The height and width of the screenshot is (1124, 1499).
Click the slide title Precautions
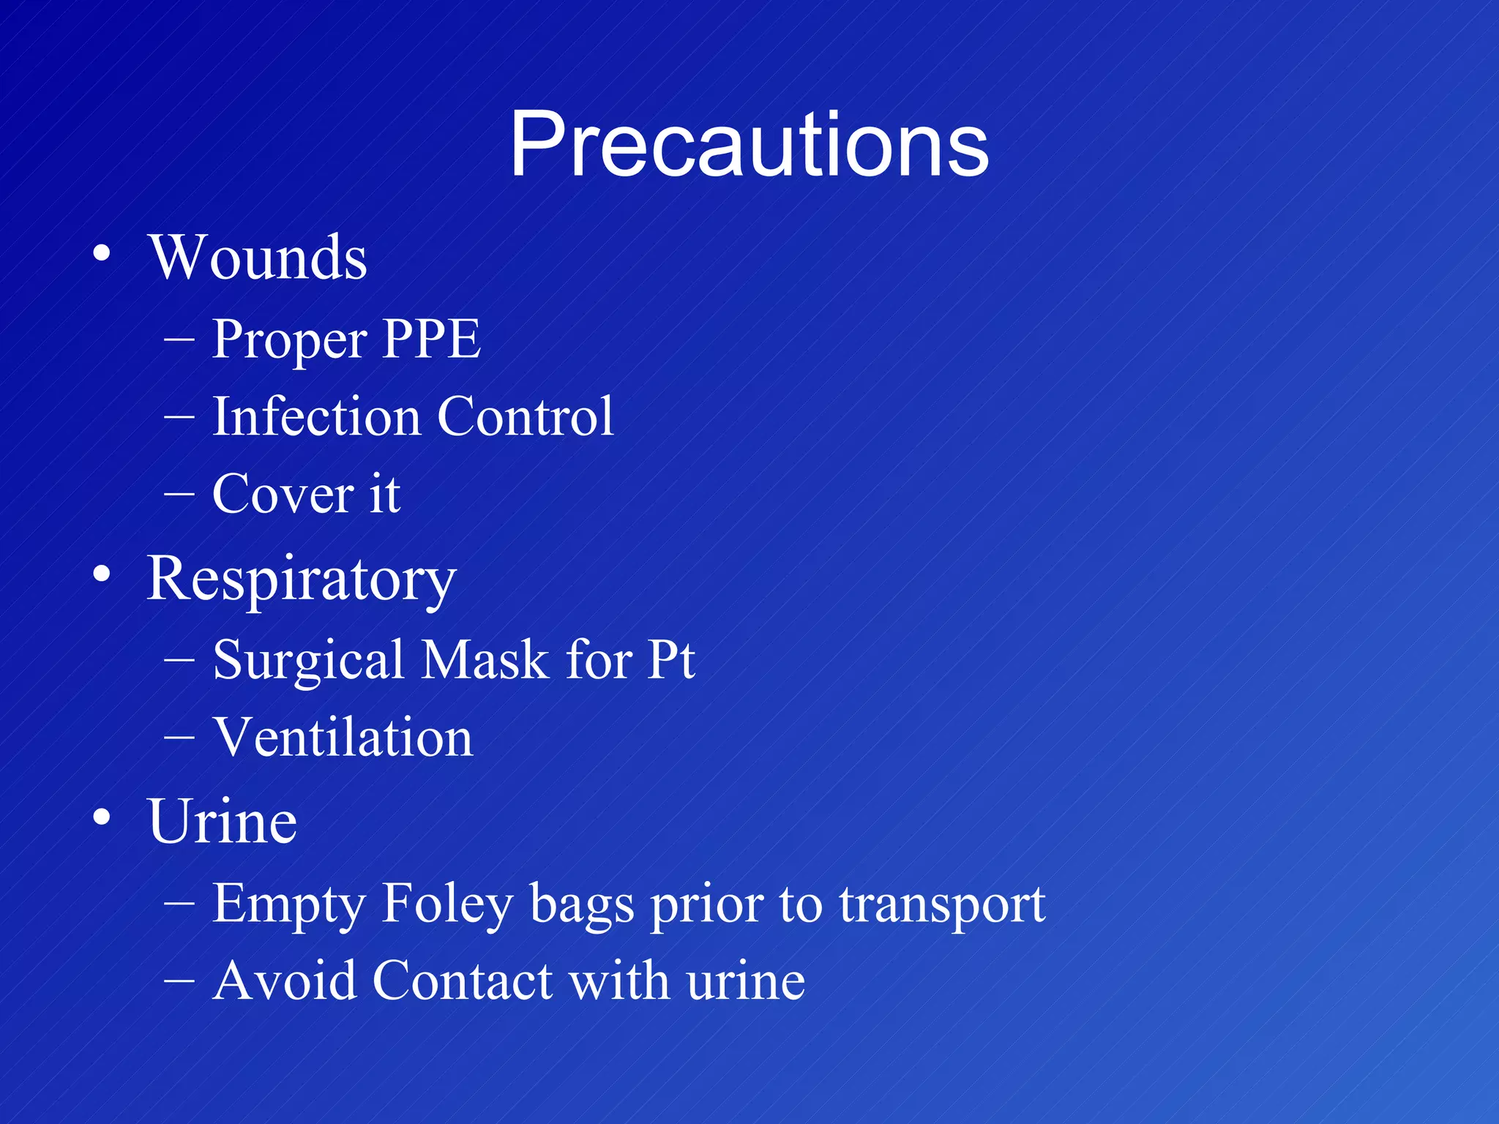pyautogui.click(x=749, y=143)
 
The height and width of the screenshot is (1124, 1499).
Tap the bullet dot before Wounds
pyautogui.click(x=102, y=253)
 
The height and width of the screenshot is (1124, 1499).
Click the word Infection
pyautogui.click(x=315, y=416)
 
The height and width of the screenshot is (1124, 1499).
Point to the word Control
pyautogui.click(x=525, y=416)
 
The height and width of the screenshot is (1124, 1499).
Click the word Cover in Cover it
pyautogui.click(x=283, y=494)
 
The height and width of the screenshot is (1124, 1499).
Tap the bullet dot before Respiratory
pyautogui.click(x=102, y=574)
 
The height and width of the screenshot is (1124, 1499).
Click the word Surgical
pyautogui.click(x=308, y=660)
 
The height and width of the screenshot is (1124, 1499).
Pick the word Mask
pyautogui.click(x=485, y=660)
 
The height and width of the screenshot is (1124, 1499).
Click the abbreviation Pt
pyautogui.click(x=671, y=660)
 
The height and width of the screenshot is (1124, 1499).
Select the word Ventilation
pyautogui.click(x=343, y=737)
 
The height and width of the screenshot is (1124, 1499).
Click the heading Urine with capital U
pyautogui.click(x=222, y=821)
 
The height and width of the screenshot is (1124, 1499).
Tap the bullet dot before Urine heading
pyautogui.click(x=102, y=817)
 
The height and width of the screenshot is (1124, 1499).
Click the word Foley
pyautogui.click(x=448, y=904)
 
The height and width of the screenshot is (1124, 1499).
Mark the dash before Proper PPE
pyautogui.click(x=179, y=339)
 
